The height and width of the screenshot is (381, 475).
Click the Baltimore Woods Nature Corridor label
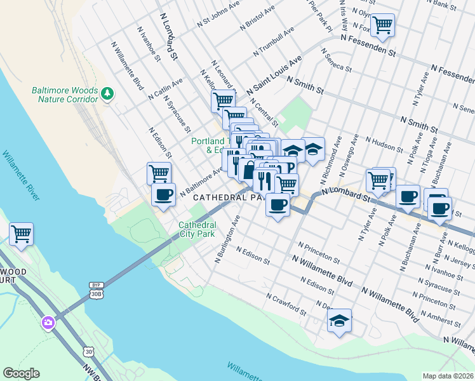[x=64, y=95]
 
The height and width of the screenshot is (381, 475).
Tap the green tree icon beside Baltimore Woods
[x=108, y=95]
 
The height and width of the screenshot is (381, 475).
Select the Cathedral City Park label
[x=197, y=229]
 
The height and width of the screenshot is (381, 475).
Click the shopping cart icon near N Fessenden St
[x=382, y=25]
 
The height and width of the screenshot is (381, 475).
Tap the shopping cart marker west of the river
[x=22, y=234]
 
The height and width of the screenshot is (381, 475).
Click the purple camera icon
[x=48, y=323]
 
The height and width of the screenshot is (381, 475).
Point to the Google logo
[x=21, y=373]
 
